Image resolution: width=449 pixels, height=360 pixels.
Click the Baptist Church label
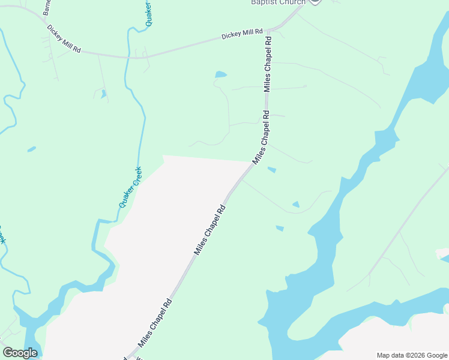pyautogui.click(x=278, y=2)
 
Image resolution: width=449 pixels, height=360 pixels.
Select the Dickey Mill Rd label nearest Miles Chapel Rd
pyautogui.click(x=242, y=35)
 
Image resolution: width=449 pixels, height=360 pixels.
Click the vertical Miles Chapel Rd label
pyautogui.click(x=268, y=64)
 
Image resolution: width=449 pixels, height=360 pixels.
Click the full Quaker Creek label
pyautogui.click(x=130, y=187)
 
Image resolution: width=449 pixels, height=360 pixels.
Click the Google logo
pyautogui.click(x=20, y=353)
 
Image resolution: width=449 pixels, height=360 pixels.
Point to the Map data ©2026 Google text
pyautogui.click(x=412, y=355)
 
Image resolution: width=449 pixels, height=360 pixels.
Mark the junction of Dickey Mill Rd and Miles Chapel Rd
pyautogui.click(x=273, y=29)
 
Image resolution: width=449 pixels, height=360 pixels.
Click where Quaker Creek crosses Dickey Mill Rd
pyautogui.click(x=127, y=58)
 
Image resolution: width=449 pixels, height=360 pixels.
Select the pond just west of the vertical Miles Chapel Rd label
pyautogui.click(x=221, y=75)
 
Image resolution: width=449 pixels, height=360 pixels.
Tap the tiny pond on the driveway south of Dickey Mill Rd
pyautogui.click(x=104, y=94)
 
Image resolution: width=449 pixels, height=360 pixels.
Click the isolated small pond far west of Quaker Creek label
pyautogui.click(x=31, y=149)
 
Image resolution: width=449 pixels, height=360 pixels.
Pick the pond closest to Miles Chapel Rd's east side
pyautogui.click(x=271, y=170)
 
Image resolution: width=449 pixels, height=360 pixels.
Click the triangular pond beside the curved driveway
pyautogui.click(x=295, y=205)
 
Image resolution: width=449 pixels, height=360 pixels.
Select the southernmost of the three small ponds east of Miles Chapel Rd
pyautogui.click(x=279, y=228)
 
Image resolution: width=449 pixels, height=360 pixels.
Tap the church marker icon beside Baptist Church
pyautogui.click(x=315, y=2)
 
